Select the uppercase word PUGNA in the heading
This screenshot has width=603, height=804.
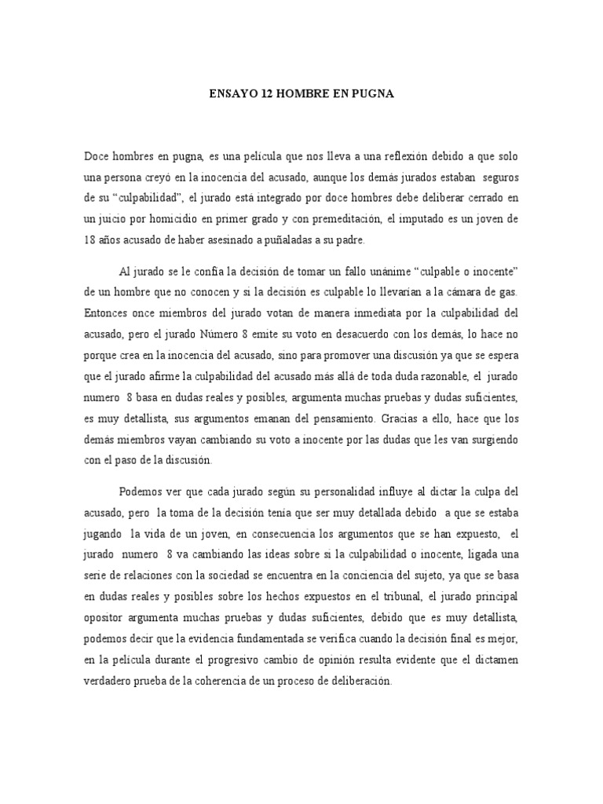tap(371, 93)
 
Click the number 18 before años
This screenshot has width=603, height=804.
tap(90, 239)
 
